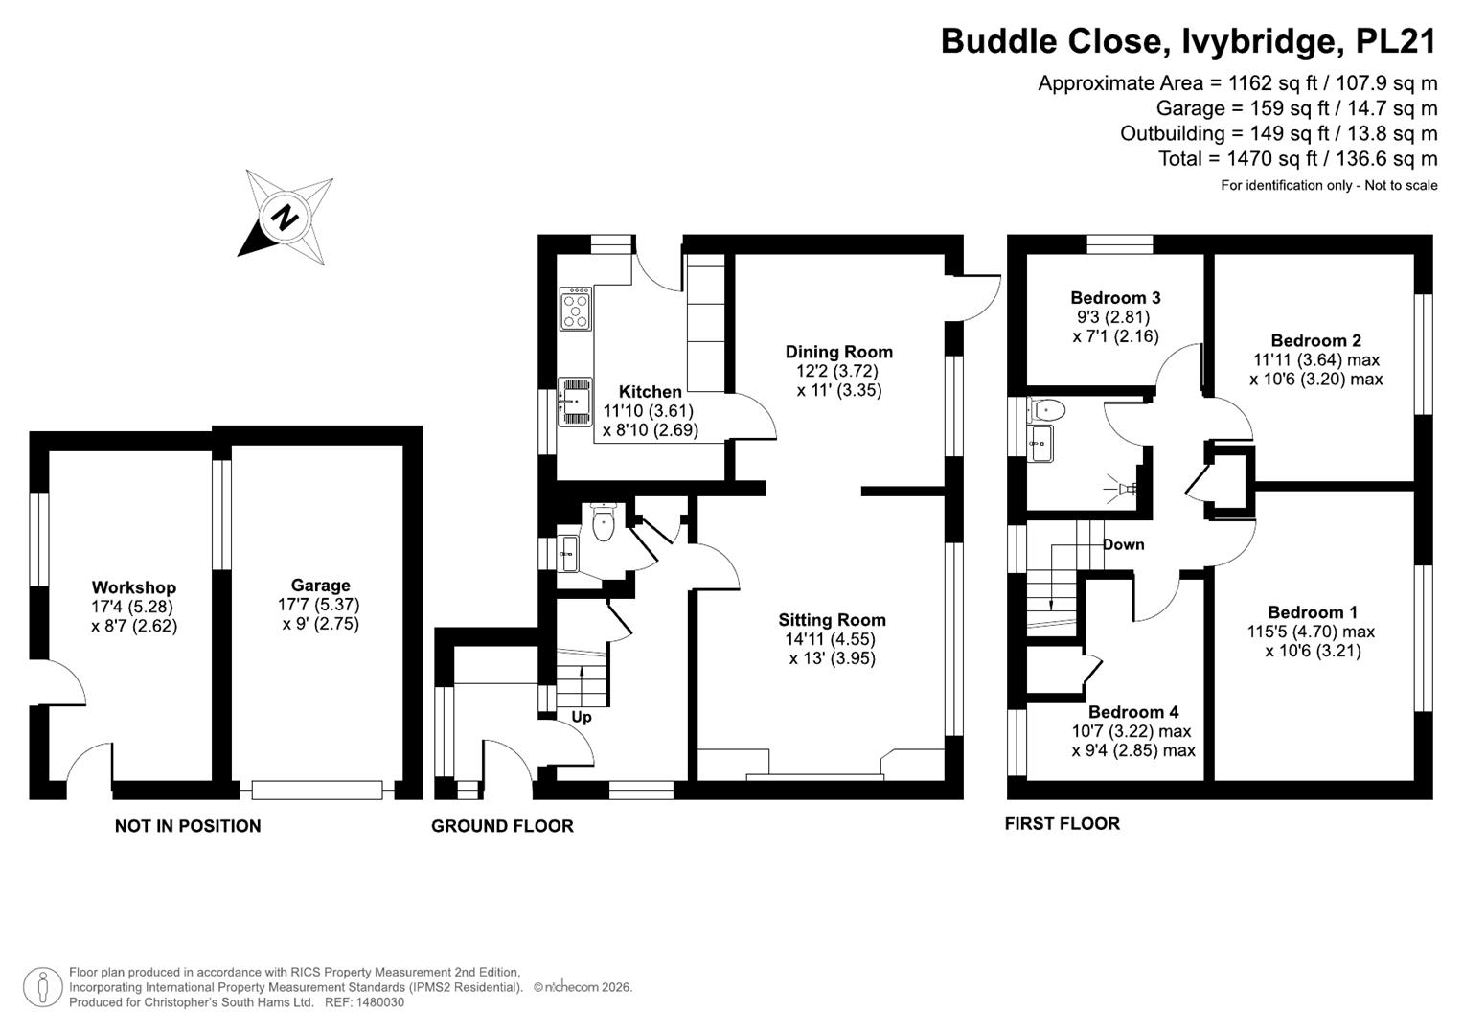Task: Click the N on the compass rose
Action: coord(285,217)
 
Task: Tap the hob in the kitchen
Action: coord(576,309)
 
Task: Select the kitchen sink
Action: coord(575,402)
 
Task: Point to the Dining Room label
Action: coord(838,352)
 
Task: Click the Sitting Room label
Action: coord(832,619)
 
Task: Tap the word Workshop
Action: coord(134,587)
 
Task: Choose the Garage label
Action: coord(321,585)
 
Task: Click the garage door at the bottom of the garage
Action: coord(317,790)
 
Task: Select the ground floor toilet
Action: coord(603,522)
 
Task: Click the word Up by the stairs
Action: coord(582,717)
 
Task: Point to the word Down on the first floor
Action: coord(1124,544)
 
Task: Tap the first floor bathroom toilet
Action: coord(1047,410)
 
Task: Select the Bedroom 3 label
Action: coord(1115,297)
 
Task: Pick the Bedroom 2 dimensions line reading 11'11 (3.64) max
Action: coord(1316,359)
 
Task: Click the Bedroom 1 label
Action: coord(1313,612)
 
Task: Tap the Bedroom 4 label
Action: coord(1133,711)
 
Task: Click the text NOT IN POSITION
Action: coord(188,826)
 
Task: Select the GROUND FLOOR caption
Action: coord(502,826)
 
